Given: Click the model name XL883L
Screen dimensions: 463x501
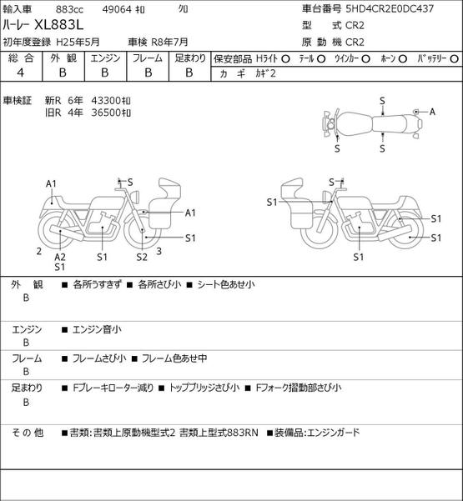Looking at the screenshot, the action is pyautogui.click(x=59, y=25).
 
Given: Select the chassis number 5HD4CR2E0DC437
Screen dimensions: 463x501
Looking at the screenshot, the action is pyautogui.click(x=390, y=8).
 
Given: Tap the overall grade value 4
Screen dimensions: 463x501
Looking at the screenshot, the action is pyautogui.click(x=21, y=73).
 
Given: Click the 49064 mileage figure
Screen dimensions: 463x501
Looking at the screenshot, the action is pyautogui.click(x=117, y=9).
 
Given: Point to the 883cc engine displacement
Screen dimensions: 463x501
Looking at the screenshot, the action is pyautogui.click(x=69, y=9).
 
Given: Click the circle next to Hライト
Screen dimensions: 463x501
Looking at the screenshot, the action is pyautogui.click(x=285, y=59).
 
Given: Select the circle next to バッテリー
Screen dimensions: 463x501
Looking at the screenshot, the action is pyautogui.click(x=454, y=59).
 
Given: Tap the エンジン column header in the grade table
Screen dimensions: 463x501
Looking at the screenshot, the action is pyautogui.click(x=105, y=58).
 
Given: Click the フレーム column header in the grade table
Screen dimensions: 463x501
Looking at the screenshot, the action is pyautogui.click(x=148, y=58).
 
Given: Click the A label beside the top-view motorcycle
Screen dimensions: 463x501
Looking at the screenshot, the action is pyautogui.click(x=432, y=112).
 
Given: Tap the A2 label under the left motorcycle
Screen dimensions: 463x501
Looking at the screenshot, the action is pyautogui.click(x=60, y=257).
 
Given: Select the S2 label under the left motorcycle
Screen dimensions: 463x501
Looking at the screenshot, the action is pyautogui.click(x=142, y=257).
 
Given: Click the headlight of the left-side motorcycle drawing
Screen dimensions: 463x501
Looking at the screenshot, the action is pyautogui.click(x=135, y=196).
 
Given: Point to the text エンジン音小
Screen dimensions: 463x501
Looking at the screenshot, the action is pyautogui.click(x=97, y=329).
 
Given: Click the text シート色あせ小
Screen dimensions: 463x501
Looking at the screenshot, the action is pyautogui.click(x=226, y=284).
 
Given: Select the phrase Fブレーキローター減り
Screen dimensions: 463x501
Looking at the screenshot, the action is pyautogui.click(x=113, y=388).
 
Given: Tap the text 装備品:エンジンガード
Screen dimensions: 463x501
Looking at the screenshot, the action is pyautogui.click(x=317, y=433).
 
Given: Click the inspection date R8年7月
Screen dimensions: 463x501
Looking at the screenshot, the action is pyautogui.click(x=169, y=42).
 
